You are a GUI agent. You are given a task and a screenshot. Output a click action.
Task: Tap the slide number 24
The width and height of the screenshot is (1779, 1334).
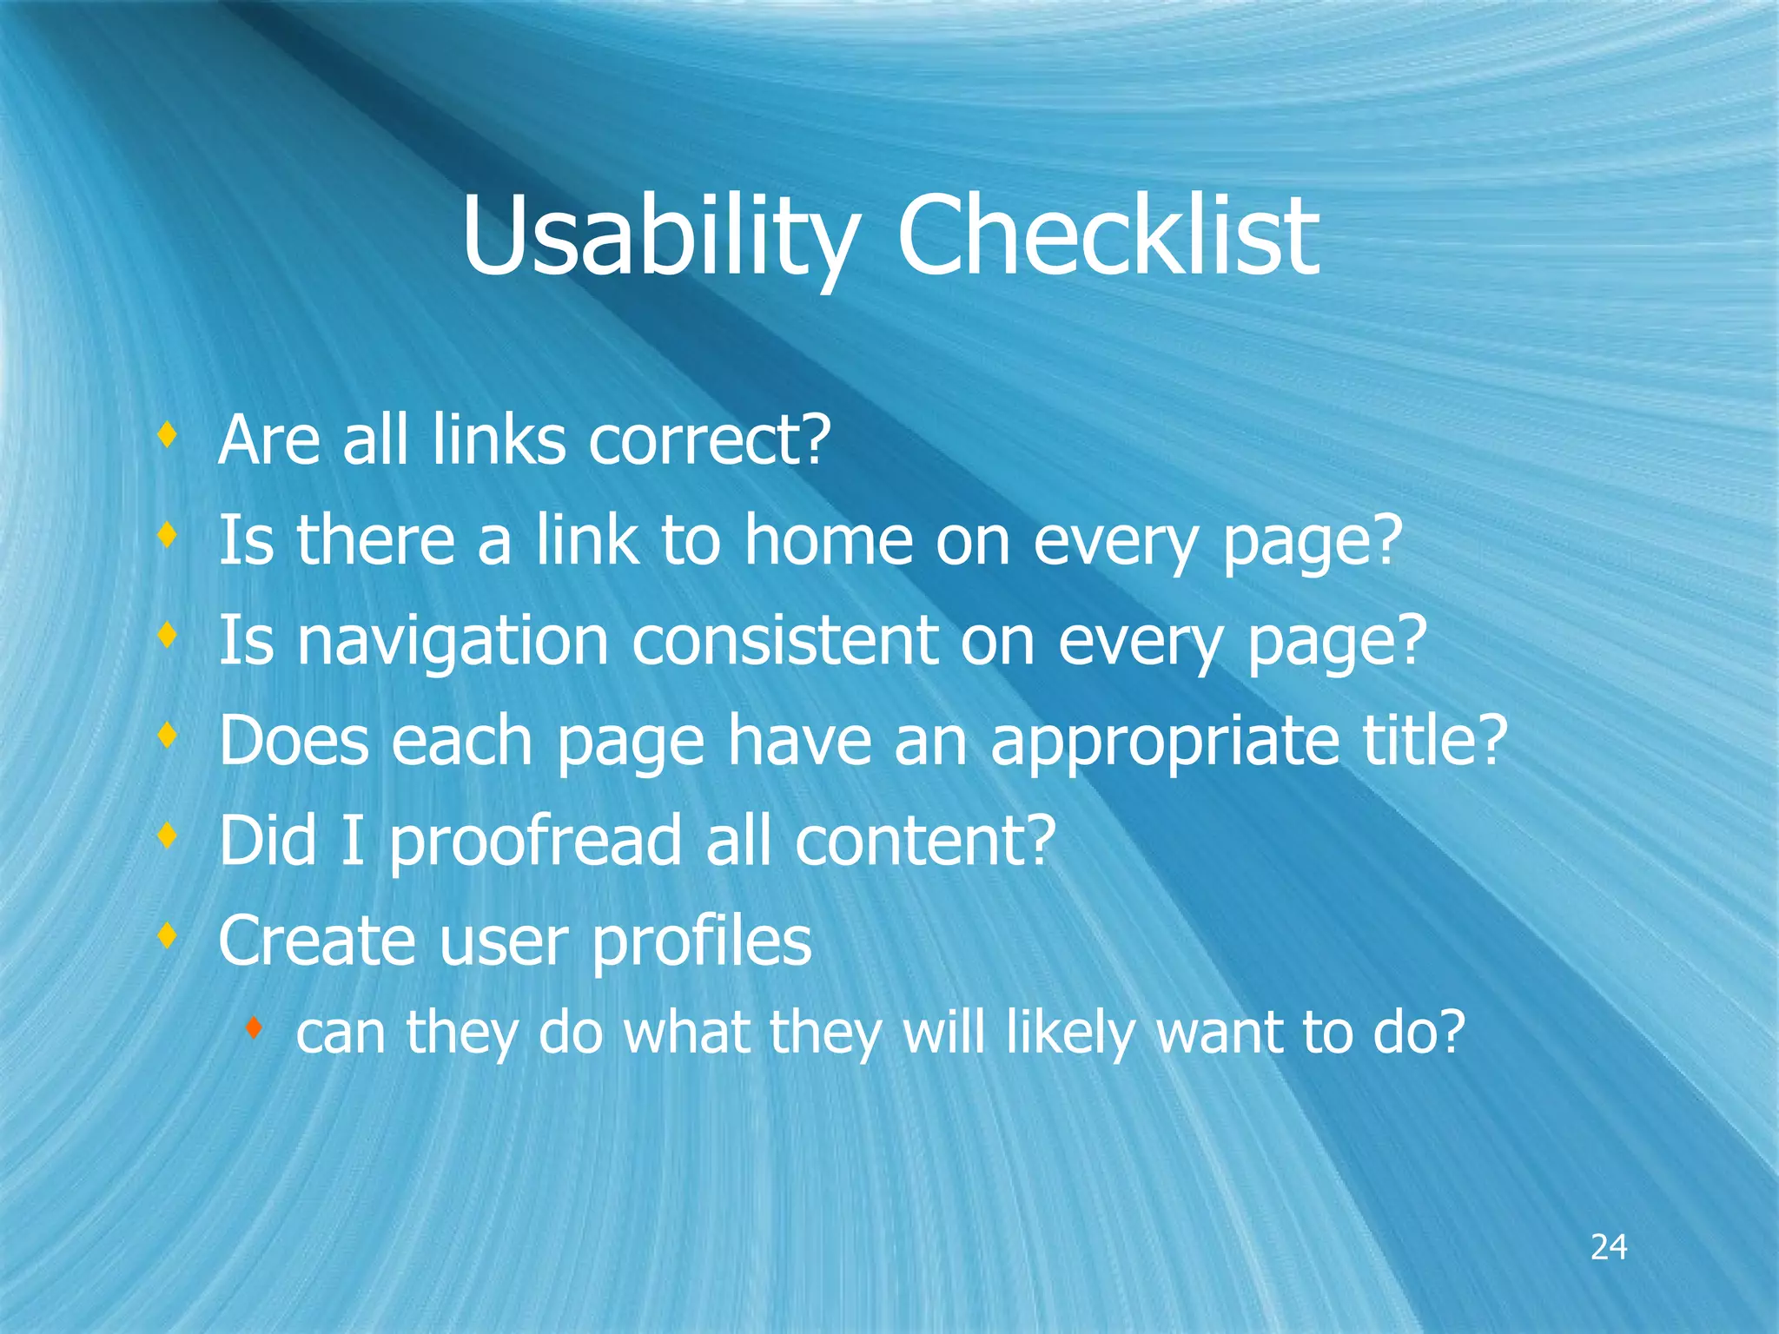pos(1608,1247)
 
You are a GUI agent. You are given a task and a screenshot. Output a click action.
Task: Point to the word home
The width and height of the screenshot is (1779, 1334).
pos(829,540)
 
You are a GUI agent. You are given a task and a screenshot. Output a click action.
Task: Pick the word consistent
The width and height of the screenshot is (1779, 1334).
pos(784,640)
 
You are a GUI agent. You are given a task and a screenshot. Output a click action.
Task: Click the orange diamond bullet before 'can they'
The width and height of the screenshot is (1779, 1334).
pos(254,1029)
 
